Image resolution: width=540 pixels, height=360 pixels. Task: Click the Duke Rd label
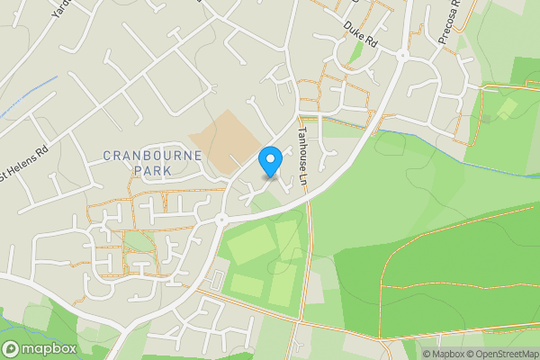pyautogui.click(x=357, y=34)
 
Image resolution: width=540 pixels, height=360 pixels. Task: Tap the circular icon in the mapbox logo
pyautogui.click(x=12, y=348)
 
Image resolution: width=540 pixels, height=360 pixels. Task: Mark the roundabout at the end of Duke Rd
pyautogui.click(x=402, y=55)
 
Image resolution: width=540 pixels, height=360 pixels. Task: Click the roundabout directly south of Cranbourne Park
pyautogui.click(x=220, y=219)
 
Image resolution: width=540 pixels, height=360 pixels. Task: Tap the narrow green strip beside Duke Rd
pyautogui.click(x=356, y=51)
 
